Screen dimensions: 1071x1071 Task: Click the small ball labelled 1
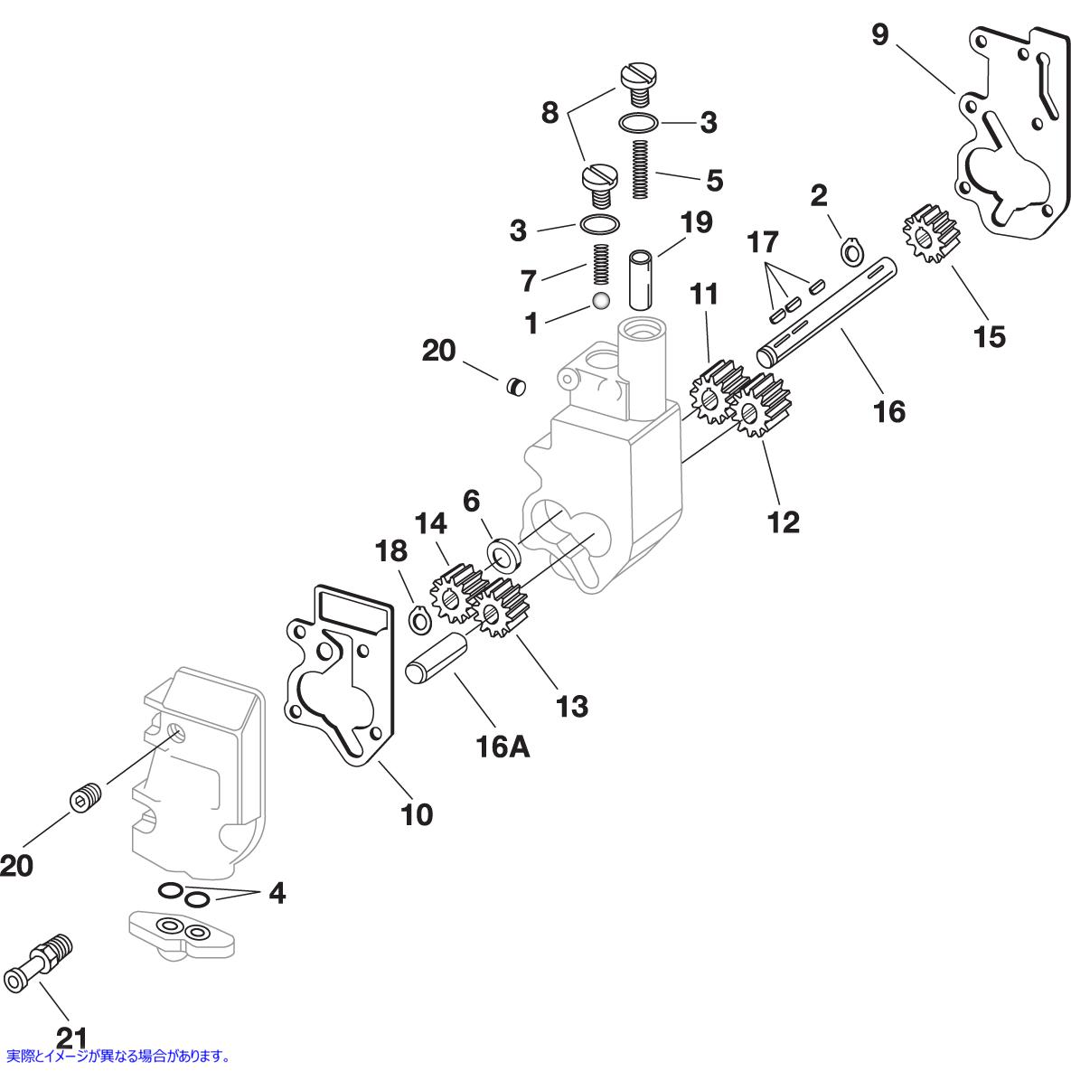pos(599,300)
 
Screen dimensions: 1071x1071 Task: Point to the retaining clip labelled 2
pos(850,250)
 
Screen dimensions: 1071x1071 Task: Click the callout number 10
pos(417,814)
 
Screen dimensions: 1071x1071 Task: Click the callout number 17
pos(763,243)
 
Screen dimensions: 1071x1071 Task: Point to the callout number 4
pos(277,893)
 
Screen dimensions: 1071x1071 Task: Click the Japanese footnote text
pos(118,1055)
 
